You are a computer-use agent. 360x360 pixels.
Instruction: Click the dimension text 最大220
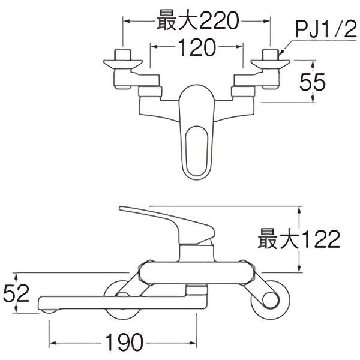pos(197,22)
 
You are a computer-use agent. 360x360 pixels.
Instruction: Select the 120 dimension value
pos(196,47)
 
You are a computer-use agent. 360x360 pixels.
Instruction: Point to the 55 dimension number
pos(311,82)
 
